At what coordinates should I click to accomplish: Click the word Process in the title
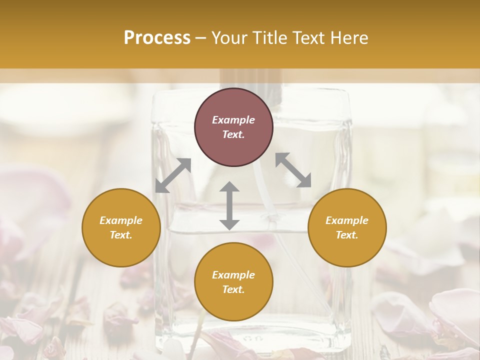pyautogui.click(x=157, y=38)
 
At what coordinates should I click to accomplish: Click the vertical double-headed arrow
pyautogui.click(x=229, y=206)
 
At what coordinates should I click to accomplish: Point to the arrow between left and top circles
pyautogui.click(x=173, y=175)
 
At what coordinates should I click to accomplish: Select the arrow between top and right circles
pyautogui.click(x=293, y=170)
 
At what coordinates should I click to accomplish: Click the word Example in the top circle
pyautogui.click(x=233, y=120)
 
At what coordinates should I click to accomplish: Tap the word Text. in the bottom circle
pyautogui.click(x=233, y=290)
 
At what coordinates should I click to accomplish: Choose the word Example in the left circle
pyautogui.click(x=121, y=220)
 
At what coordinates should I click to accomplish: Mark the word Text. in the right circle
pyautogui.click(x=347, y=235)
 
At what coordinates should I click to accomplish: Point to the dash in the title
pyautogui.click(x=200, y=38)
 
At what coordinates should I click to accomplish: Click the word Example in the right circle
pyautogui.click(x=347, y=220)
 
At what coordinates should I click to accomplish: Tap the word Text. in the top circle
pyautogui.click(x=233, y=135)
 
